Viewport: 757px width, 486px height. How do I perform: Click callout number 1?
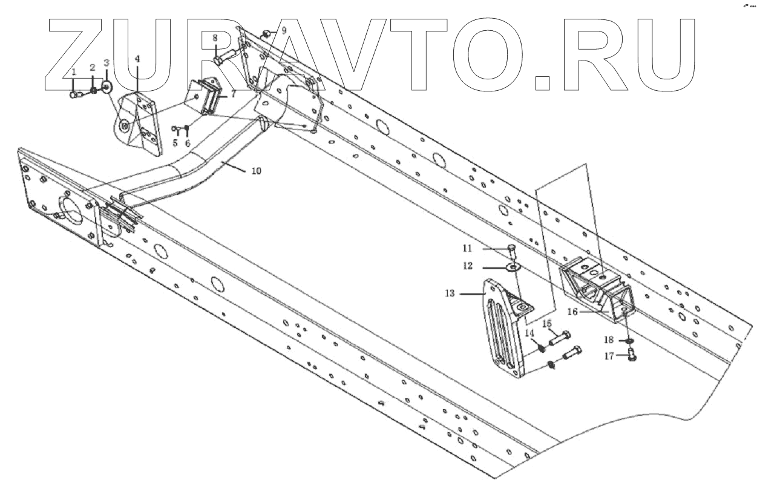tap(74, 72)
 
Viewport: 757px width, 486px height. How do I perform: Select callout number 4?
tap(137, 59)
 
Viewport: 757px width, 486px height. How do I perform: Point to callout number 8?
tap(214, 38)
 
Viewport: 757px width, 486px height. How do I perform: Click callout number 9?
tap(284, 29)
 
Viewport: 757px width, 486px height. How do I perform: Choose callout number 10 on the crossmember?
tap(256, 171)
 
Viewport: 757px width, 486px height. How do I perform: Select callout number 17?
tap(608, 356)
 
